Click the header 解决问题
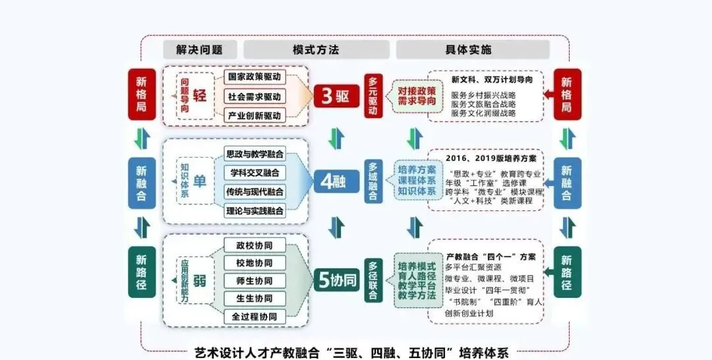coord(199,50)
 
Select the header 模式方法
coord(316,50)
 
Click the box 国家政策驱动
coord(254,76)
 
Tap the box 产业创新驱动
coord(254,115)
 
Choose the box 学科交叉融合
coord(254,173)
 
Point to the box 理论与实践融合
coord(254,211)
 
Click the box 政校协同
coord(254,245)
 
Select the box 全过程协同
coord(254,316)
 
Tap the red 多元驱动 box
coord(373,96)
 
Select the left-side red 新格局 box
coord(142,94)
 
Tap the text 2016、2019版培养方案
coord(490,159)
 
